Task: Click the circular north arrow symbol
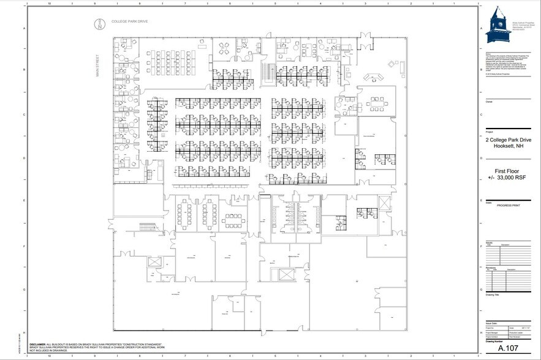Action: [96, 24]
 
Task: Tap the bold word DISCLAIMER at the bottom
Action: [59, 345]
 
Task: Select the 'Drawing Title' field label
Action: [493, 294]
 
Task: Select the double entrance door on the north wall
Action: [362, 38]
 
